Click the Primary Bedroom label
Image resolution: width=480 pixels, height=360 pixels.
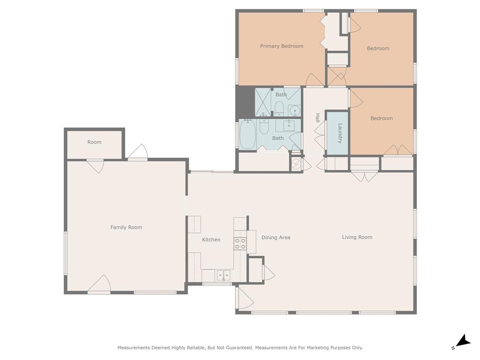tap(281, 46)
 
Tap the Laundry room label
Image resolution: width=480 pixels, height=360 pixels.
tap(340, 133)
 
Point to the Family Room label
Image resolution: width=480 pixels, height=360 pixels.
tap(126, 227)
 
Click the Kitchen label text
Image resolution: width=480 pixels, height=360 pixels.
tap(211, 240)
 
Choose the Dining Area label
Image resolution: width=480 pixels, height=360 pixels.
tap(276, 237)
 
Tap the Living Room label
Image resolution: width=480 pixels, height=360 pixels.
tap(357, 237)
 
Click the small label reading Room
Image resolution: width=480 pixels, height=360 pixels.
tap(94, 142)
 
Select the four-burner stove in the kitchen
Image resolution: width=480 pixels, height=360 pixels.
tap(240, 244)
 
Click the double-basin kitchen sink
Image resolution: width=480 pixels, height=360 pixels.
tap(223, 275)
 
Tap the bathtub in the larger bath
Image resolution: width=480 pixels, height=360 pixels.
tap(247, 134)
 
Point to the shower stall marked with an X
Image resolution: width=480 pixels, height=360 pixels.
tap(262, 103)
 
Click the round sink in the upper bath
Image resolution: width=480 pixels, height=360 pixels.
tap(294, 111)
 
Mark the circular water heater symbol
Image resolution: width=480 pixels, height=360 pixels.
tap(296, 164)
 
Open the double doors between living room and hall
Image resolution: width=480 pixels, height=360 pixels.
tap(364, 177)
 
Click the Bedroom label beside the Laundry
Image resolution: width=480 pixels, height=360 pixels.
tap(381, 118)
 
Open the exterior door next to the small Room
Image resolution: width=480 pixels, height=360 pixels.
tap(138, 152)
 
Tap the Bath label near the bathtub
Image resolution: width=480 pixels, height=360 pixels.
tap(278, 138)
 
